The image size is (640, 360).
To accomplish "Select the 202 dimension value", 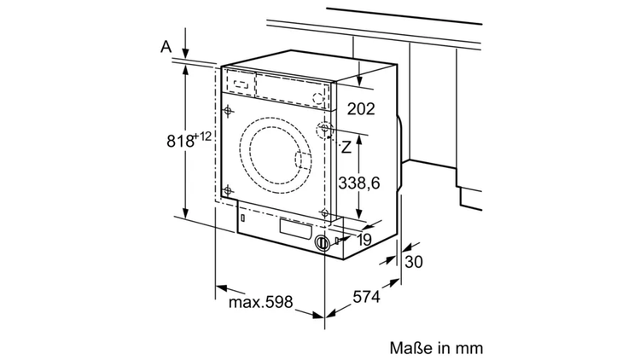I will pos(362,108).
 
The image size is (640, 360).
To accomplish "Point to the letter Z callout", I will pos(346,147).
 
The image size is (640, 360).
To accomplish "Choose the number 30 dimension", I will pos(414,263).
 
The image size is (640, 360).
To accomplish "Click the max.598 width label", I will pos(261,302).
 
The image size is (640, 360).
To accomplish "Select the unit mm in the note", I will pos(469,348).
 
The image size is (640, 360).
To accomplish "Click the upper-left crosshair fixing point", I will pos(228,109).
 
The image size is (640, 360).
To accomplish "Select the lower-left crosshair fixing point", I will pos(228,190).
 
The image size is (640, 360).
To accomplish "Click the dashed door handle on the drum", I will pos(303,159).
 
